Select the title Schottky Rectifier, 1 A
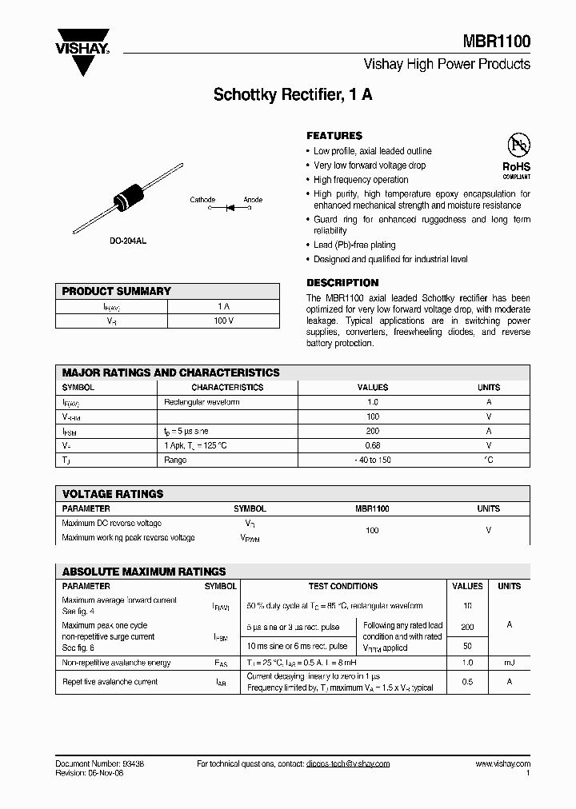292,95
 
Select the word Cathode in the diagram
202,199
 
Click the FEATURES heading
334,136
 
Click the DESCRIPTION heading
342,283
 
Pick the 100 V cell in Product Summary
223,321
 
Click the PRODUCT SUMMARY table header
117,291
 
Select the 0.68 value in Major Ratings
372,445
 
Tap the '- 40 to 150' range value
372,460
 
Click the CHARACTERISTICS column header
227,387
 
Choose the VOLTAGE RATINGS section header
113,494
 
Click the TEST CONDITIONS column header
343,586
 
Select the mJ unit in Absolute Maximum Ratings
509,663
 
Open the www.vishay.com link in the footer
502,763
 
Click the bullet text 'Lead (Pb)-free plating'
354,245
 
